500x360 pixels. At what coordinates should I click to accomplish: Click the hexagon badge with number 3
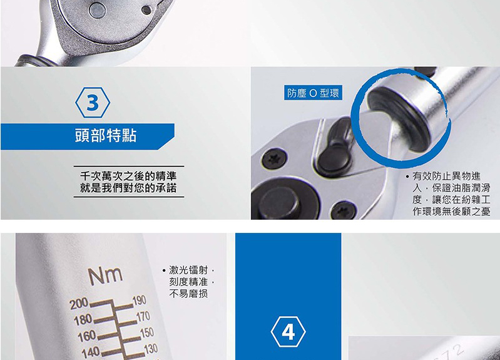click(x=93, y=103)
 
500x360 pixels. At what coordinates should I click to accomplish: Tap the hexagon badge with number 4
click(x=288, y=332)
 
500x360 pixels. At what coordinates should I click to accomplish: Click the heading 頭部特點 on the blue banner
click(x=106, y=136)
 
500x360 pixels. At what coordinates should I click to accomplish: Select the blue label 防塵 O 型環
click(x=313, y=93)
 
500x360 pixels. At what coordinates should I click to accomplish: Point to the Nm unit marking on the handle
click(x=105, y=275)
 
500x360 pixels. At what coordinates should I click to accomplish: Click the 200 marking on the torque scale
click(x=79, y=304)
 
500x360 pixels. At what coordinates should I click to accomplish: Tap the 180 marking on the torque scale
click(x=83, y=320)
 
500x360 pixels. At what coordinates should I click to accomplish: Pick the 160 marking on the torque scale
click(x=87, y=336)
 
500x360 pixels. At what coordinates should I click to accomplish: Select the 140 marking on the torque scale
click(x=91, y=352)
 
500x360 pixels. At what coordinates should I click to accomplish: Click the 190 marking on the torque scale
click(x=140, y=301)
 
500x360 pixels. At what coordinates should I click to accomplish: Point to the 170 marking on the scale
click(x=143, y=316)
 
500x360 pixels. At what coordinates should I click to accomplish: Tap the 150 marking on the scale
click(x=147, y=332)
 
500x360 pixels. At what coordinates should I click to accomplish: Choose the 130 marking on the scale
click(x=151, y=349)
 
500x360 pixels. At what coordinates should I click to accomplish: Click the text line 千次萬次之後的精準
click(x=128, y=176)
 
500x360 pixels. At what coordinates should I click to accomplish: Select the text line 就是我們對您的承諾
click(x=128, y=188)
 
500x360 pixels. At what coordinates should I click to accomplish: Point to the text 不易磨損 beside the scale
click(x=188, y=293)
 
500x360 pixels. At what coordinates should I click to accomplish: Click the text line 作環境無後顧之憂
click(x=451, y=211)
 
